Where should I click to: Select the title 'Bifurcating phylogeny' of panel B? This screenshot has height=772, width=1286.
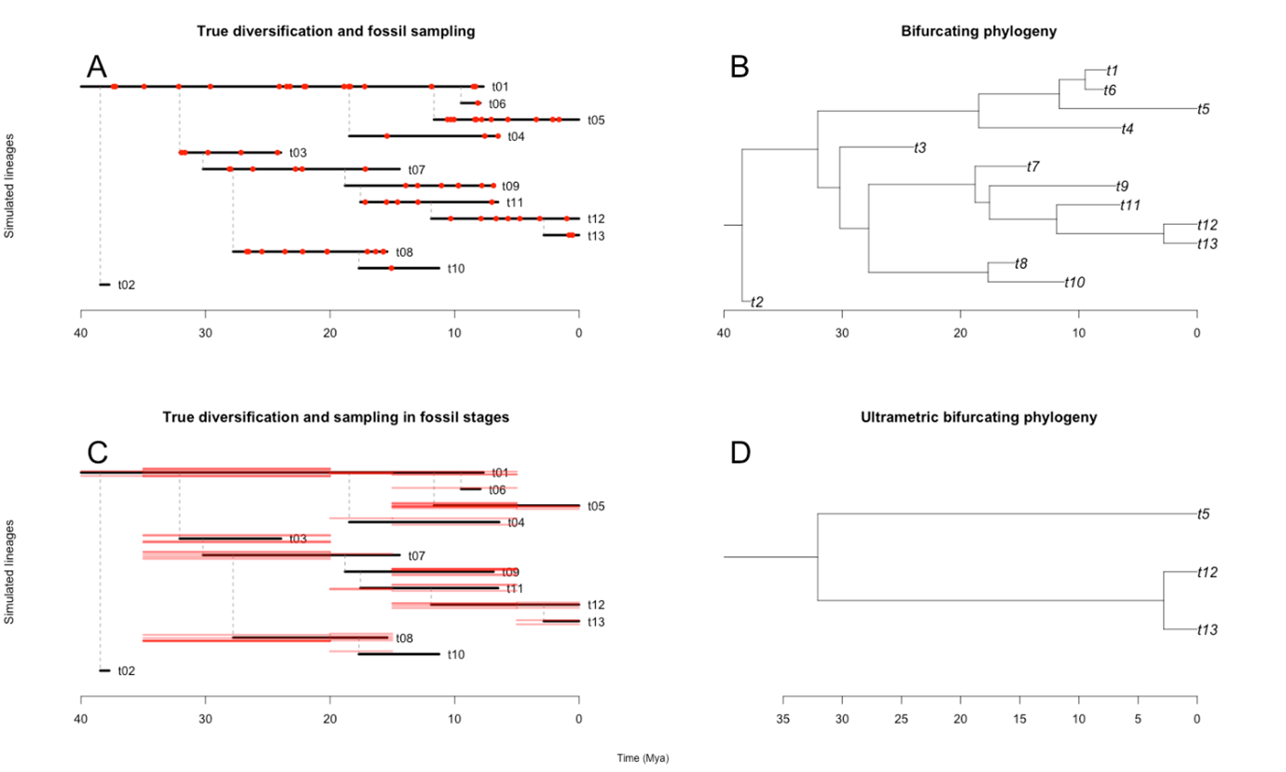coord(959,32)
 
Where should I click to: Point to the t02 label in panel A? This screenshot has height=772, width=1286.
coord(127,285)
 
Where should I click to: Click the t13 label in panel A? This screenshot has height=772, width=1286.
coord(596,236)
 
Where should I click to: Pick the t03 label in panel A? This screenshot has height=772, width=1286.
coord(297,152)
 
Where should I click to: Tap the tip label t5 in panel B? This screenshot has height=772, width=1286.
coord(1204,109)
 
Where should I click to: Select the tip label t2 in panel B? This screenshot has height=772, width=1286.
coord(757,302)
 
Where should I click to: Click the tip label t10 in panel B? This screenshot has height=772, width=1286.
coord(1075,282)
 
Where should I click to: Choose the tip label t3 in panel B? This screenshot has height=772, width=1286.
coord(920,147)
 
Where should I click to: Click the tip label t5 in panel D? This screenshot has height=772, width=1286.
coord(1204,514)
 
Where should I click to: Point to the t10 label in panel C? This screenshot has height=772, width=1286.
coord(456,654)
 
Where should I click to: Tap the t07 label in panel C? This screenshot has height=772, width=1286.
coord(416,555)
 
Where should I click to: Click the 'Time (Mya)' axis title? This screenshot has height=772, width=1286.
coord(643,759)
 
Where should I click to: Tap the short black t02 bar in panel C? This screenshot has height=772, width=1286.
coord(104,670)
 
